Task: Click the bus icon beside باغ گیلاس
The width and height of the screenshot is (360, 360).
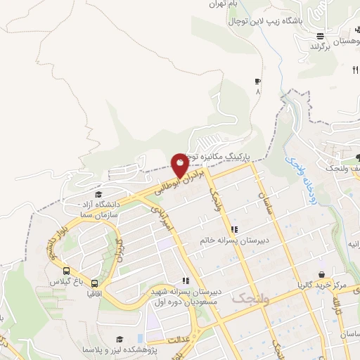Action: pyautogui.click(x=67, y=271)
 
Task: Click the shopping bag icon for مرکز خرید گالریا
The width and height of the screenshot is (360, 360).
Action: pyautogui.click(x=321, y=274)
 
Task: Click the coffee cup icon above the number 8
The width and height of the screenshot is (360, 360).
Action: pyautogui.click(x=257, y=82)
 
